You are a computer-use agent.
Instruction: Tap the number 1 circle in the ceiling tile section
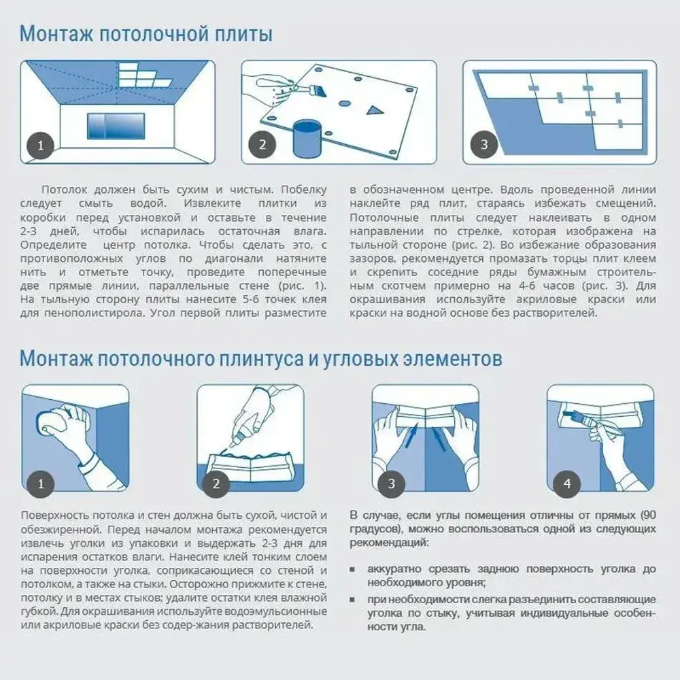[41, 145]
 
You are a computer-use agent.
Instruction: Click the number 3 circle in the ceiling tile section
[483, 145]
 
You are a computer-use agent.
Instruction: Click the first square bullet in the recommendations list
[354, 569]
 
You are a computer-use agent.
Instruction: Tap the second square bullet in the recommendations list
[354, 600]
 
